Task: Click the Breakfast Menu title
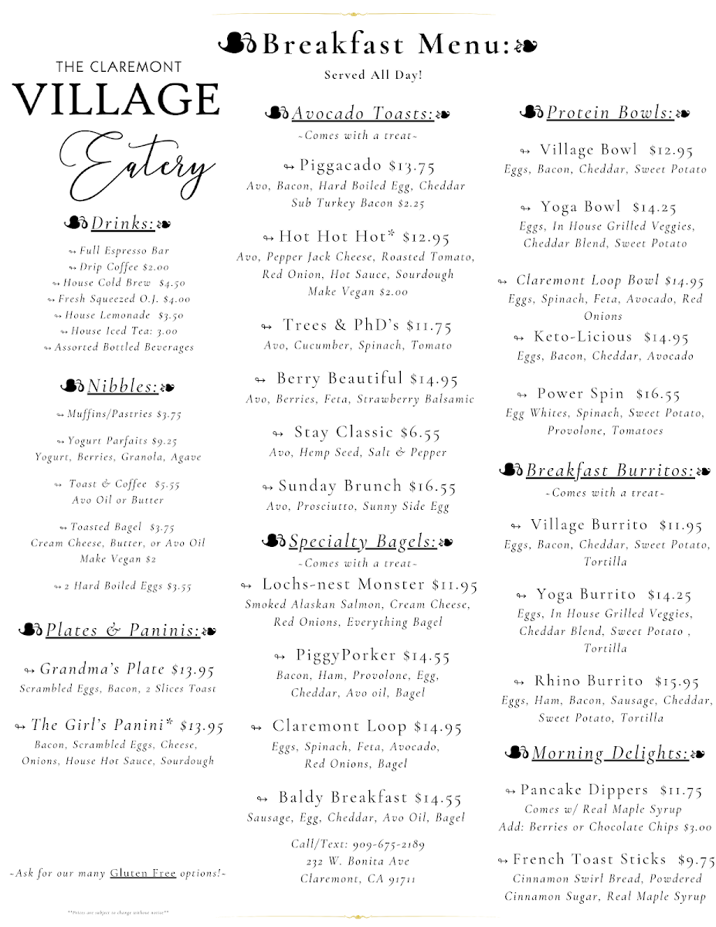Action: coord(386,45)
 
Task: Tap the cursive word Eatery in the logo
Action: coord(135,163)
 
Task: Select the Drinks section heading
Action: coord(122,224)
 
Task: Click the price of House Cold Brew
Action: coord(171,284)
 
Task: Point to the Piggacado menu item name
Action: coord(341,165)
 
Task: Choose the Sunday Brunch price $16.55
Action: coord(433,487)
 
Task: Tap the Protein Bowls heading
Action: coord(610,114)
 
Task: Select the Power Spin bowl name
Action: coord(580,394)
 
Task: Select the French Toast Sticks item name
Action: coord(589,859)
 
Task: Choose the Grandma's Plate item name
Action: coord(102,669)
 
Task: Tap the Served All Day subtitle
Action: coord(373,76)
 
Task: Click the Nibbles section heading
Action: coord(123,386)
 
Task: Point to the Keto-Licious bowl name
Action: coord(582,337)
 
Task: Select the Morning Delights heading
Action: coord(610,752)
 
